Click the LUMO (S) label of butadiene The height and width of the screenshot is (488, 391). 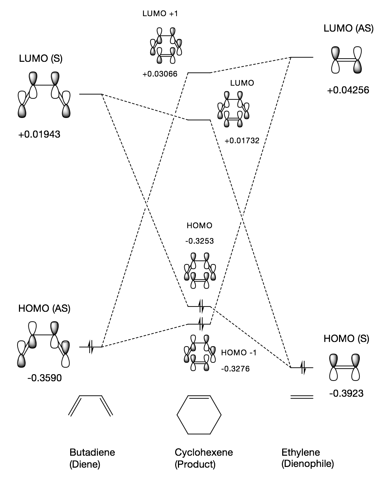(x=41, y=59)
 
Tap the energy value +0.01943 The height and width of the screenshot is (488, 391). (x=39, y=134)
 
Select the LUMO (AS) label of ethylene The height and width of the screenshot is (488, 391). (x=348, y=29)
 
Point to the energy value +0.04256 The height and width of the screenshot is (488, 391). (x=348, y=90)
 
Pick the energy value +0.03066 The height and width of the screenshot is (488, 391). (x=160, y=74)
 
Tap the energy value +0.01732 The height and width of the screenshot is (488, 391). (x=242, y=141)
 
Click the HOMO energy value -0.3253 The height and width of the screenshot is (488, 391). (x=200, y=241)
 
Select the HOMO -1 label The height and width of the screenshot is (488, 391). (x=239, y=353)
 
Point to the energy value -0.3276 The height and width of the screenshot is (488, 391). (x=235, y=369)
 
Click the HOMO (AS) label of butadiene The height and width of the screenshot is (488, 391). (x=44, y=309)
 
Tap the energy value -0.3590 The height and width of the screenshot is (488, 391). (x=44, y=378)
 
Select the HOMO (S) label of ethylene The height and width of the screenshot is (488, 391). (x=346, y=339)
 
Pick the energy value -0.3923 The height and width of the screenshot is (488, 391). (x=346, y=394)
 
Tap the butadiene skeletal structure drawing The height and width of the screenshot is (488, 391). (x=91, y=405)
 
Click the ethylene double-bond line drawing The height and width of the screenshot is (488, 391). (x=301, y=397)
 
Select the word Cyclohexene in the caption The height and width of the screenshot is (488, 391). (x=204, y=452)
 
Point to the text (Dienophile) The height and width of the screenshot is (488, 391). (x=307, y=464)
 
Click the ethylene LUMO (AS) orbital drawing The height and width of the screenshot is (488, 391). (x=346, y=60)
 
